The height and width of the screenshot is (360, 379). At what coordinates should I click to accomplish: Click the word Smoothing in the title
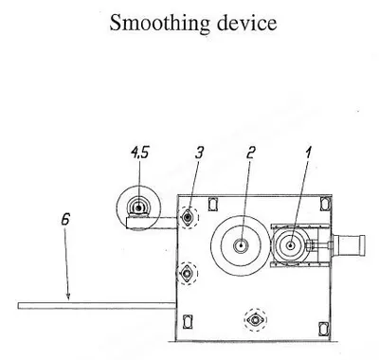coord(159,24)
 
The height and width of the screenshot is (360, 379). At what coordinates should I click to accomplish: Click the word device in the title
coord(247,23)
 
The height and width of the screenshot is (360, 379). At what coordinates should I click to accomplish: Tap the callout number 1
coord(308,153)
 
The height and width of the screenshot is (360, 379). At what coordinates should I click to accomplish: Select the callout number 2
coord(250,153)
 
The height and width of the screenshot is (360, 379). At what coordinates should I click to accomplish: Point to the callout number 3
coord(199,153)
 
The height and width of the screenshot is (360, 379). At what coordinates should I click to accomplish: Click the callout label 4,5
coord(139,153)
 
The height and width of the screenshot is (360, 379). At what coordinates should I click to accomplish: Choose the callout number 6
coord(65,219)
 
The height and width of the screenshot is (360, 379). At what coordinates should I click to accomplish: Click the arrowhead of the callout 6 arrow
coord(68,296)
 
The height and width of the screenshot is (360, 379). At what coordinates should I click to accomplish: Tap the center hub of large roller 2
coord(241,245)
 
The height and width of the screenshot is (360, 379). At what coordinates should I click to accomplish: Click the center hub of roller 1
coord(291,245)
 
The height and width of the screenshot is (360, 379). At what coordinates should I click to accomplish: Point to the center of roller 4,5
coord(138,207)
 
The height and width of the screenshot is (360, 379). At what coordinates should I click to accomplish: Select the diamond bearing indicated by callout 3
coord(189,217)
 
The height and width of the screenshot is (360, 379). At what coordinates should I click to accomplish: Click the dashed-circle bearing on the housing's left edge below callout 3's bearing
coord(187,273)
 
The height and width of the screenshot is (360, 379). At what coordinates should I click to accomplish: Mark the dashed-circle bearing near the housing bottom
coord(255,320)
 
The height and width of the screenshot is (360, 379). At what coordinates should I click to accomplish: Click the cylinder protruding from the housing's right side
coord(350,245)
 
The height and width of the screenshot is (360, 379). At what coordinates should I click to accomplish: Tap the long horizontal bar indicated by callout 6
coord(97,306)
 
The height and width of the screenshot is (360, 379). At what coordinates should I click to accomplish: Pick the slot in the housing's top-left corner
coord(213,204)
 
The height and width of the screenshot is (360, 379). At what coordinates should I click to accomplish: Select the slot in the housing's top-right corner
coord(324,203)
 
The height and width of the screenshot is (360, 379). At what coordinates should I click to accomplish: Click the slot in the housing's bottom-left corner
coord(188,322)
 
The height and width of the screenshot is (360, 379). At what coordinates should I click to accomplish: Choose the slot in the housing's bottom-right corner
coord(323,329)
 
